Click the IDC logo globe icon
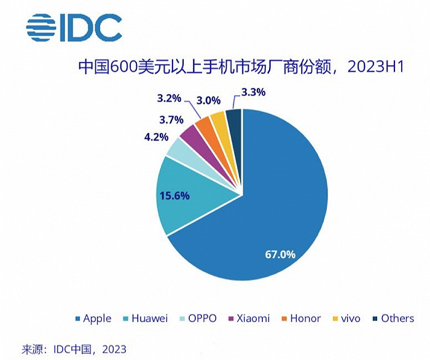coord(41,27)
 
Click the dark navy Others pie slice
coord(235,119)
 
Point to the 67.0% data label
coord(280,253)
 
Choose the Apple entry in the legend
coord(93,318)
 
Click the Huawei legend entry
coord(146,318)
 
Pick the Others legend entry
coord(393,318)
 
